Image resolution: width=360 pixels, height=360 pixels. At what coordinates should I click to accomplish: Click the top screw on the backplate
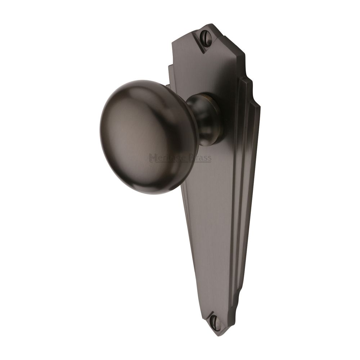[206, 37]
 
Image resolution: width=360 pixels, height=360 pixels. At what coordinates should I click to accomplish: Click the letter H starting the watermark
[152, 158]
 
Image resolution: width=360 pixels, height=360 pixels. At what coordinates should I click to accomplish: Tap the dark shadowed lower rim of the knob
[162, 185]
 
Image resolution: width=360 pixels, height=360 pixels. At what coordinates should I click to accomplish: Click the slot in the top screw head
[206, 37]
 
